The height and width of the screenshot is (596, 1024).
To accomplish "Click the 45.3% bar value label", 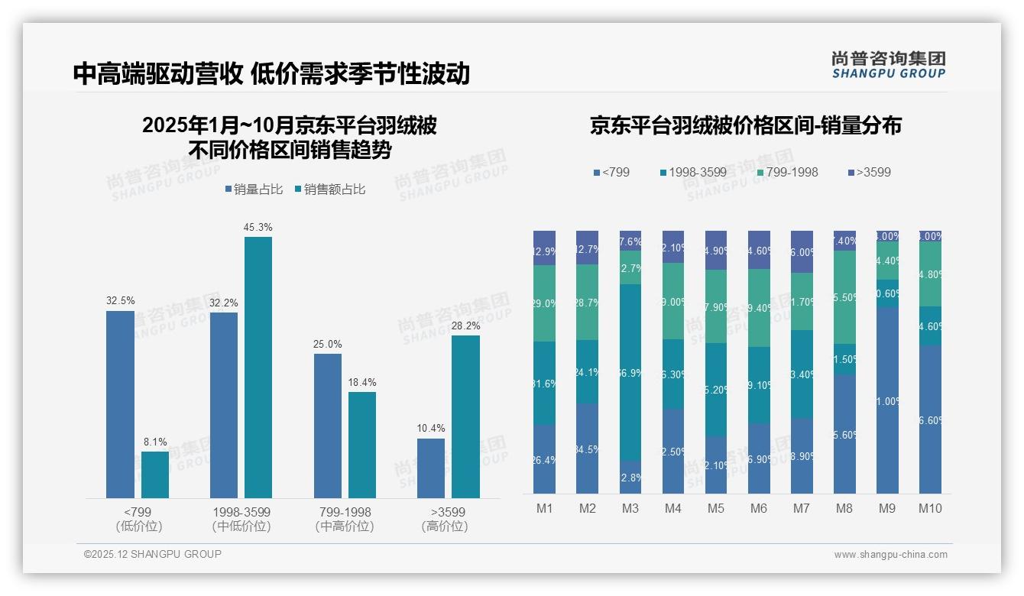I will point(258,227).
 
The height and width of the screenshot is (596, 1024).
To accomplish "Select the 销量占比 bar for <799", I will point(120,404).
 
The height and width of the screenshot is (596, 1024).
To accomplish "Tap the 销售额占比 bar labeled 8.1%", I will point(155,475).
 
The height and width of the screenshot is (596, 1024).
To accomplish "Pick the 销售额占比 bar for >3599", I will point(465,416).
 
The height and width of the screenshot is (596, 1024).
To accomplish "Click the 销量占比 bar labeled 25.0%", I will point(328,426).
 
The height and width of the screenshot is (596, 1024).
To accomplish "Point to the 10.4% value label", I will point(431,428).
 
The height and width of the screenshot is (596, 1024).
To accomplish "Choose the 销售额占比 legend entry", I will point(330,189).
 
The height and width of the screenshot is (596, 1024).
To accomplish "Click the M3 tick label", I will point(630,508).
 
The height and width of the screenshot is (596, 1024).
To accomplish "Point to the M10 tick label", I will point(930,508).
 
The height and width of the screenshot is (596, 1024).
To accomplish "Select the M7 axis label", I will point(802,508).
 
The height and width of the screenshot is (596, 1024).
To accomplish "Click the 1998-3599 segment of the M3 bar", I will point(630,372).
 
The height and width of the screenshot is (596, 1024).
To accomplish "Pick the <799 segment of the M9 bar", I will point(887,400).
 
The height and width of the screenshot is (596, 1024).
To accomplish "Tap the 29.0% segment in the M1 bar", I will point(544,303).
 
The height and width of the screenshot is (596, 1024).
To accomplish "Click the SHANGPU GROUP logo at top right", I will point(888,64).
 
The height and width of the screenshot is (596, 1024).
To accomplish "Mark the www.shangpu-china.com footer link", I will point(890,555).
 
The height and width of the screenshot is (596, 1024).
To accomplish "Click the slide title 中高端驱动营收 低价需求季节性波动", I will point(271,74).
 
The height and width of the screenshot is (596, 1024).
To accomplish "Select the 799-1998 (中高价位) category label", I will point(344,519).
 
